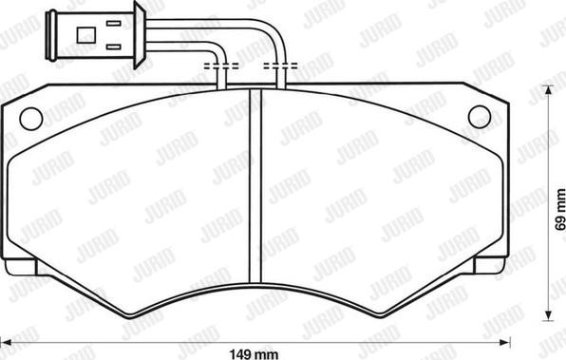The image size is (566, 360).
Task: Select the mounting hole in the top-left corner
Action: click(30, 119)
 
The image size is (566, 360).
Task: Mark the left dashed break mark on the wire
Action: click(221, 66)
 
